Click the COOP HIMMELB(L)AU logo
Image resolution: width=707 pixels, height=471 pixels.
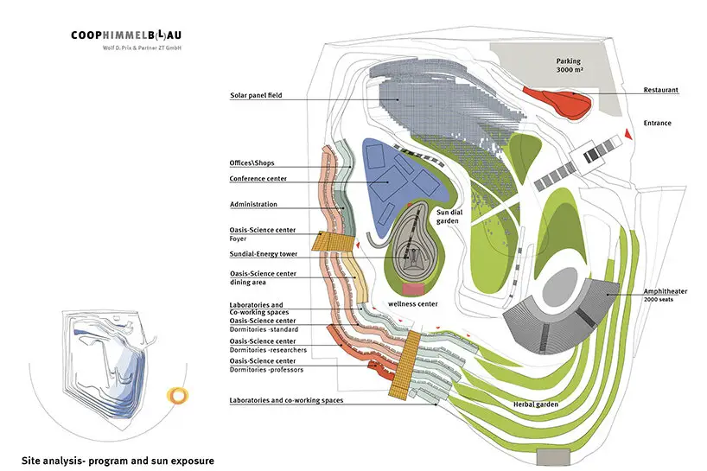[133, 35]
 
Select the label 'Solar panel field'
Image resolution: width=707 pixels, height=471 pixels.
[256, 95]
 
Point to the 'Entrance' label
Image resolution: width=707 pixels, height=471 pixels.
[657, 123]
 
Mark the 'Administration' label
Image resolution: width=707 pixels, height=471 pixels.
[253, 204]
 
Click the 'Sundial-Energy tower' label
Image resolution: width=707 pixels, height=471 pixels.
[264, 257]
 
